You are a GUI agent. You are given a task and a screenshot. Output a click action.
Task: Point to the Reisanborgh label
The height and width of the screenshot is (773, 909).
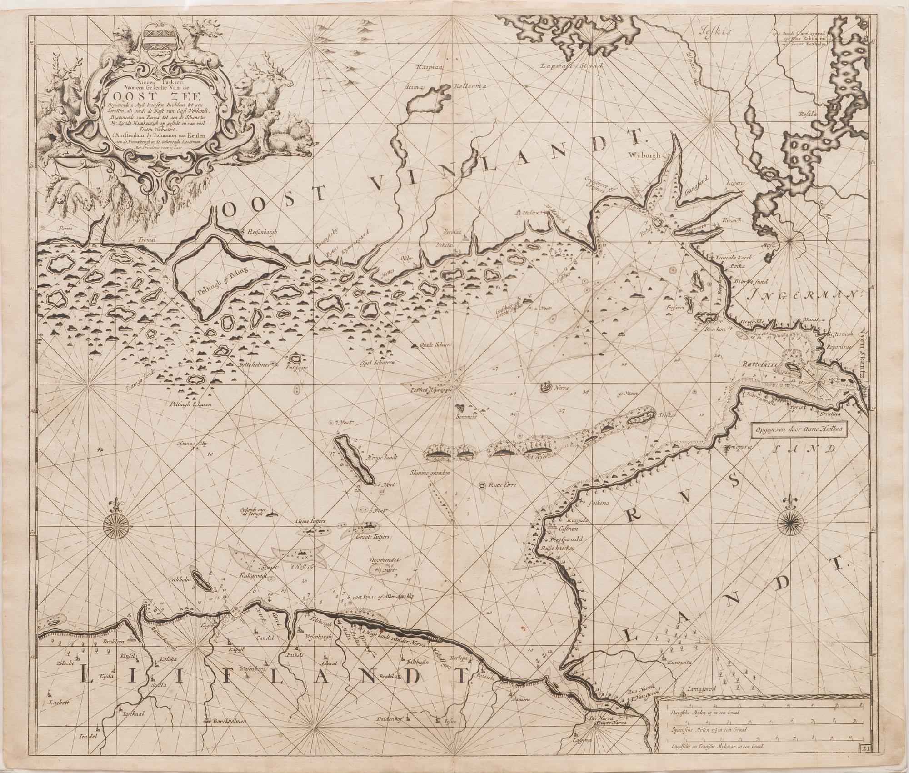(x=264, y=232)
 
